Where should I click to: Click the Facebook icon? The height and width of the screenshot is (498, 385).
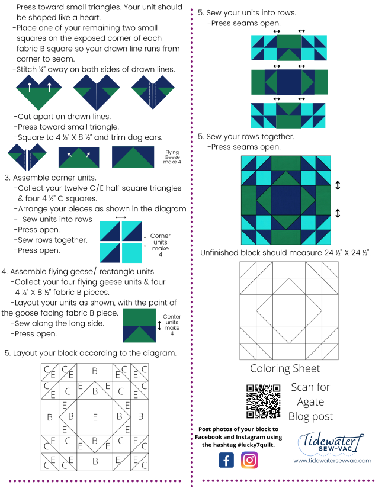226,460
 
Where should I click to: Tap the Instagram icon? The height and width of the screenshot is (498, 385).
250,460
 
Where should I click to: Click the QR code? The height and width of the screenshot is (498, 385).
262,401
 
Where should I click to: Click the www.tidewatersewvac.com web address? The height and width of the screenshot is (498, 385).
332,460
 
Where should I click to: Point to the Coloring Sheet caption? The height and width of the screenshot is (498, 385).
285,368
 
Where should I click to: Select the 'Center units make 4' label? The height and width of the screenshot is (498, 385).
172,325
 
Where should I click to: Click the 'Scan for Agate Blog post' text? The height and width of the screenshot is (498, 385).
310,401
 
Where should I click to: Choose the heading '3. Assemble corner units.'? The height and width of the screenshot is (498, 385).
50,178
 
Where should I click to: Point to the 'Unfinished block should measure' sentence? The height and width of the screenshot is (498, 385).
285,253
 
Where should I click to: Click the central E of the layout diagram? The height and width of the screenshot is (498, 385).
95,417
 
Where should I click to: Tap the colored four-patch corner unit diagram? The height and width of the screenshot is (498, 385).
121,242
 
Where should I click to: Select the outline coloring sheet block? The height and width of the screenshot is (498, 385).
288,310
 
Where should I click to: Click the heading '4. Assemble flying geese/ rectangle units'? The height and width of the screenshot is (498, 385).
78,272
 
